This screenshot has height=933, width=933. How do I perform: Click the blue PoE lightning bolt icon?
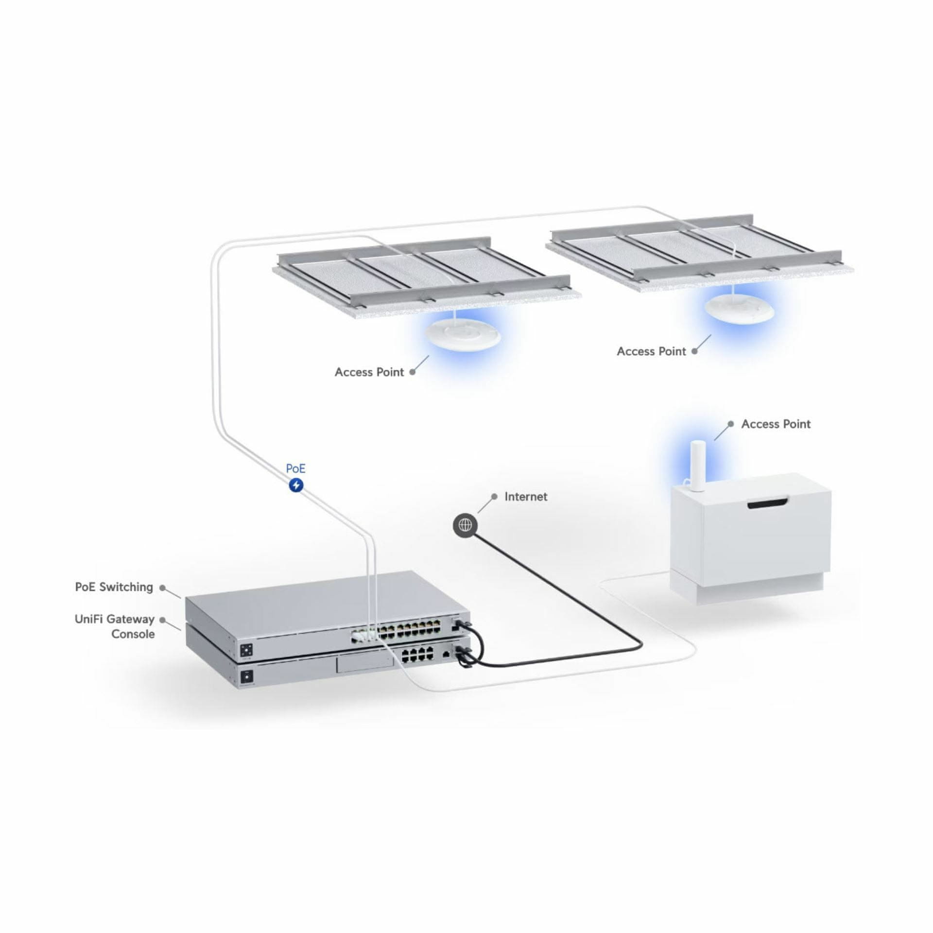(x=296, y=485)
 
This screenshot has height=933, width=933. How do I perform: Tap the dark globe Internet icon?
(x=465, y=524)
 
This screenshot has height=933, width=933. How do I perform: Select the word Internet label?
(x=526, y=497)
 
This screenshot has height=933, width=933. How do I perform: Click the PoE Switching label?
(x=114, y=587)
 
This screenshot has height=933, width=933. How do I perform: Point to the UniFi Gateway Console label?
(x=115, y=626)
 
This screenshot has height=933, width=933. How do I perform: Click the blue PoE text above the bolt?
(x=295, y=468)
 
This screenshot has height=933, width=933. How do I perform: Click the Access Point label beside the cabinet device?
(x=776, y=424)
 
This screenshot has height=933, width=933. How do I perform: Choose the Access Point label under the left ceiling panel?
(x=369, y=372)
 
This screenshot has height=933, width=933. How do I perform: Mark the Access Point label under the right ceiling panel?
(x=651, y=351)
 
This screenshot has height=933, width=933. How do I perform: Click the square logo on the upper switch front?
(x=246, y=649)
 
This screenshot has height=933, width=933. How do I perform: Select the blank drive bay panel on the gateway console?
(x=365, y=664)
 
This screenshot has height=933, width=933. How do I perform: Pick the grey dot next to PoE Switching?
(x=163, y=587)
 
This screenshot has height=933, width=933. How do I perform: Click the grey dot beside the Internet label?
(x=494, y=497)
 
